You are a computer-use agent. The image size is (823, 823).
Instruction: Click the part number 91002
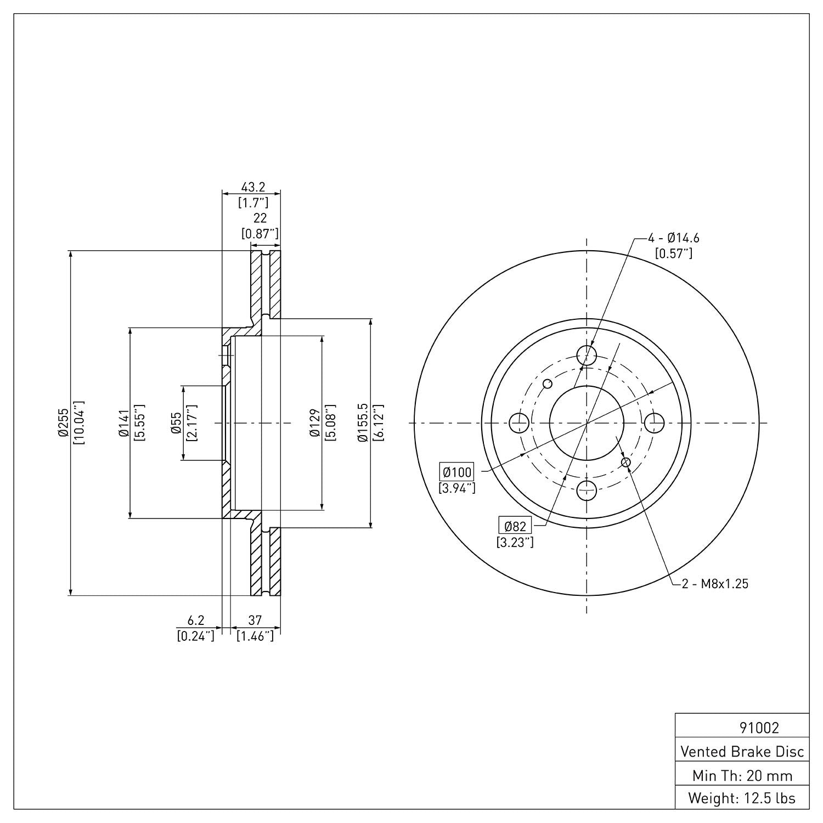click(759, 728)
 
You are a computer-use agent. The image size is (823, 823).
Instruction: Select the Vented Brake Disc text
click(742, 751)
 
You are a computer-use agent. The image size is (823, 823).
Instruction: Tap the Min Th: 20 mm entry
click(742, 775)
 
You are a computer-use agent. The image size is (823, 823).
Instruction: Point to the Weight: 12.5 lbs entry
click(742, 798)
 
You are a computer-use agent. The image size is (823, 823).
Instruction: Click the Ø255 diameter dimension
click(63, 422)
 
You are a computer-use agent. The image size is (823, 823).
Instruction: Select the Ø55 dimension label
click(176, 423)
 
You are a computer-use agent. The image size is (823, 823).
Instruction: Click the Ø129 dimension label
click(314, 422)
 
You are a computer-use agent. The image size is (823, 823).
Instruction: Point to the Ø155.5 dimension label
click(362, 422)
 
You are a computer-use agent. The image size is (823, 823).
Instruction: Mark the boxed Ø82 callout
click(515, 527)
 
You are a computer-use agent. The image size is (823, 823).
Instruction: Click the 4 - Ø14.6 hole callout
click(674, 238)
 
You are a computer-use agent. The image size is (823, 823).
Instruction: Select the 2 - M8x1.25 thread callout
click(715, 584)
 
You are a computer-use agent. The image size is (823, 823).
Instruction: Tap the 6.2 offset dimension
click(196, 620)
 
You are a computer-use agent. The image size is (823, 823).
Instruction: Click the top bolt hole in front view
click(587, 355)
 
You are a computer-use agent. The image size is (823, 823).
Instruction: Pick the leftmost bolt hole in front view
click(519, 423)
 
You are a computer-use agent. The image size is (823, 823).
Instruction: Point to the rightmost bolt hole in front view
click(654, 423)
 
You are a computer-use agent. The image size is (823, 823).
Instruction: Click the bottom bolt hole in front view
click(587, 490)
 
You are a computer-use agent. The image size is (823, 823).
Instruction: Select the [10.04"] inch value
click(78, 422)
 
